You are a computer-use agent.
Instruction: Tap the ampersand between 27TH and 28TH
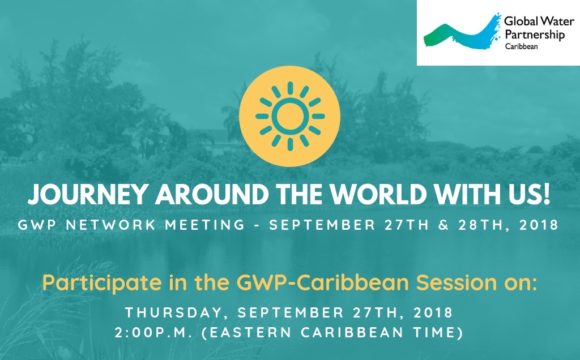443,225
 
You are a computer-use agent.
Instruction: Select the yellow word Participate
102,283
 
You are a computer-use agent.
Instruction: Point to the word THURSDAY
174,312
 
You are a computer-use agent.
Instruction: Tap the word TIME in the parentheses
434,333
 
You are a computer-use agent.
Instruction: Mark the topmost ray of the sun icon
290,88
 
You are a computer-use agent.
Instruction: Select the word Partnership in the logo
535,35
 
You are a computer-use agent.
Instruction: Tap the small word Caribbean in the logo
522,46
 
